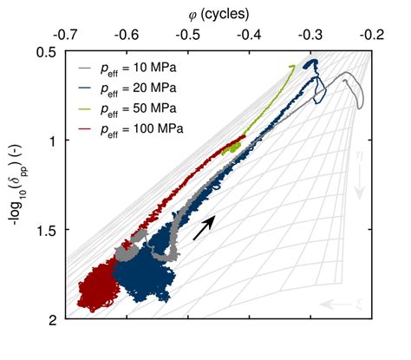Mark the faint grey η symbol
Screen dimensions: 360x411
pos(358,157)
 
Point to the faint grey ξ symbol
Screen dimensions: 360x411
pos(357,303)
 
